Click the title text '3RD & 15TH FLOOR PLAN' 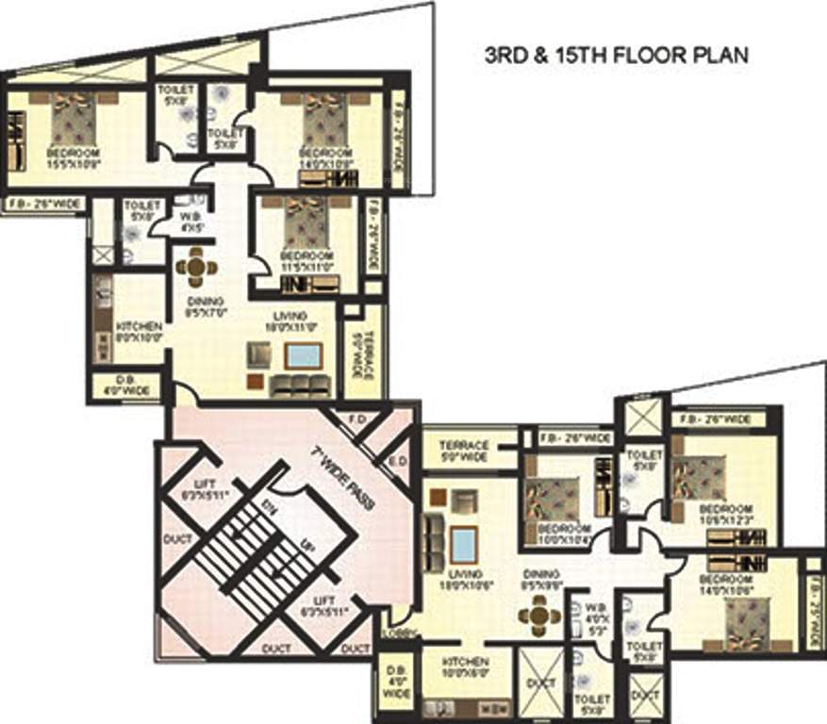click(616, 56)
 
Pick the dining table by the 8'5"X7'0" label click(195, 267)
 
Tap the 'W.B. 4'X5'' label click(189, 220)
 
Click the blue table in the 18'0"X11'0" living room click(303, 356)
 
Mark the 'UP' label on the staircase click(306, 545)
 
